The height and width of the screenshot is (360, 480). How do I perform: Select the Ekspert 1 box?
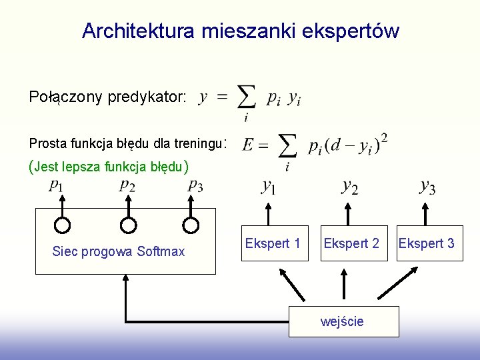pyautogui.click(x=273, y=243)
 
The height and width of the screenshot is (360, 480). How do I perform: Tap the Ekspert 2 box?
pyautogui.click(x=351, y=243)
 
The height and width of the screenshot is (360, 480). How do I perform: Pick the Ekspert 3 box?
pyautogui.click(x=427, y=243)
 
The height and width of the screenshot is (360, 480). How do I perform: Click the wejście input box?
pyautogui.click(x=343, y=321)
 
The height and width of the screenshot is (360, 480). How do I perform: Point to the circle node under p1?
pyautogui.click(x=62, y=225)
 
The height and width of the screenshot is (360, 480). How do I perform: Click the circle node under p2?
pyautogui.click(x=129, y=225)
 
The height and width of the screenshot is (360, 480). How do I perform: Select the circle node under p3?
pyautogui.click(x=191, y=225)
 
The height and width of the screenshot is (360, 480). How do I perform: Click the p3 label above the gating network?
pyautogui.click(x=195, y=185)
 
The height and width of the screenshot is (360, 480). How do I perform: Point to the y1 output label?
pyautogui.click(x=269, y=187)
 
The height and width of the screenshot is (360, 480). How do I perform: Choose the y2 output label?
pyautogui.click(x=349, y=187)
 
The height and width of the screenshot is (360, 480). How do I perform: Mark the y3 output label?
pyautogui.click(x=427, y=187)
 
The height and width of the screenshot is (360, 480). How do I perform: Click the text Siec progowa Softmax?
pyautogui.click(x=118, y=251)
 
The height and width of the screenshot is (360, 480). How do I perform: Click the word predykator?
pyautogui.click(x=147, y=97)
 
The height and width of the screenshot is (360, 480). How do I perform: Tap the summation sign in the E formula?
pyautogui.click(x=287, y=147)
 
